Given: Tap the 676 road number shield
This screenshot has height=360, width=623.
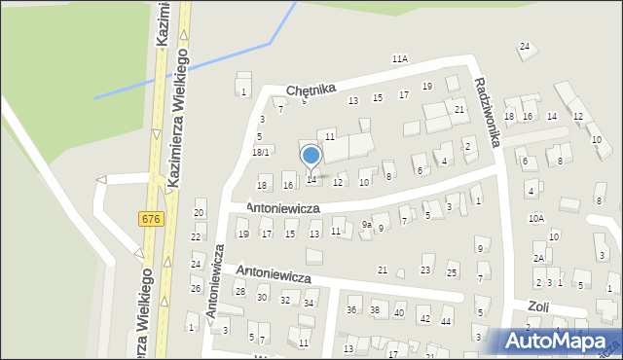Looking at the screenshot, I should pyautogui.click(x=150, y=220).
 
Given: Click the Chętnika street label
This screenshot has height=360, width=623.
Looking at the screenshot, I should pyautogui.click(x=311, y=90).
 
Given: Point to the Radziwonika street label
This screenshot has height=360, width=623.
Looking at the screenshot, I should pyautogui.click(x=487, y=113).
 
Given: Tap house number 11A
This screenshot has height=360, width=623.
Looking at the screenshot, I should pyautogui.click(x=400, y=59).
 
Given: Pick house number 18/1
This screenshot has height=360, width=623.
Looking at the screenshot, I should pyautogui.click(x=261, y=153).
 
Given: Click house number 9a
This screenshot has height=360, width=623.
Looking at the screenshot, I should pyautogui.click(x=367, y=225).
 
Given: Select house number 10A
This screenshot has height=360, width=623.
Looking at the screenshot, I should pyautogui.click(x=536, y=219).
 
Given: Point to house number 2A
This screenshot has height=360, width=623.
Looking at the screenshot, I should pyautogui.click(x=538, y=258).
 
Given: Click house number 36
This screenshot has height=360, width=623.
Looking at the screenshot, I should pyautogui.click(x=351, y=310).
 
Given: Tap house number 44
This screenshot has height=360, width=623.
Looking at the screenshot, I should pyautogui.click(x=446, y=320).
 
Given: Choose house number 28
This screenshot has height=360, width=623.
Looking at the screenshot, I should pyautogui.click(x=239, y=292).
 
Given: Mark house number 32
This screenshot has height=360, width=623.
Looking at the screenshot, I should pyautogui.click(x=285, y=301).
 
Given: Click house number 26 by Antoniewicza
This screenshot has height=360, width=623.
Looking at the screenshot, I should pyautogui.click(x=196, y=289).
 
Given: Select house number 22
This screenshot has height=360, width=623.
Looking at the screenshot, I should pyautogui.click(x=196, y=237).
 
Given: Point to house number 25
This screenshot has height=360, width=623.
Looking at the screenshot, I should pyautogui.click(x=452, y=272).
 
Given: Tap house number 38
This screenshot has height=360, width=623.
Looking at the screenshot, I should pyautogui.click(x=376, y=310).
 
